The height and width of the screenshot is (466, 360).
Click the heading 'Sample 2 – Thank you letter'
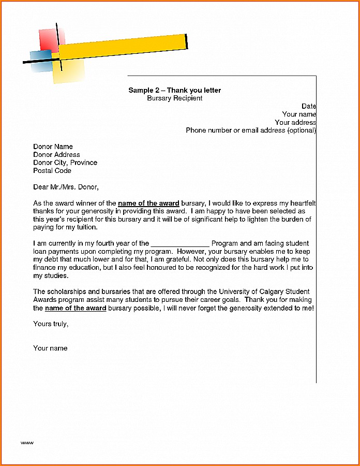pos(174,91)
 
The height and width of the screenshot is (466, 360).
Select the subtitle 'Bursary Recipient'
pos(174,98)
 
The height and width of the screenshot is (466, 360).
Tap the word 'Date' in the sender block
pos(309,106)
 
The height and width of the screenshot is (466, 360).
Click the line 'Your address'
pos(295,123)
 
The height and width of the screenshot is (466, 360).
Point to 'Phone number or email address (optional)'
pos(251,130)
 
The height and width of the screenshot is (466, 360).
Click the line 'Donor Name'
pos(53,147)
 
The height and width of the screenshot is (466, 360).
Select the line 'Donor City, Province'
pos(65,163)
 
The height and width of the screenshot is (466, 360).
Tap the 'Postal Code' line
pos(52,170)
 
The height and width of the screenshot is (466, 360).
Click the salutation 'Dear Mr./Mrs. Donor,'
pos(66,187)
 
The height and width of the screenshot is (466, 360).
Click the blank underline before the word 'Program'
pos(180,243)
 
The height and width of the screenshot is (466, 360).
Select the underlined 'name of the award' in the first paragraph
pos(148,203)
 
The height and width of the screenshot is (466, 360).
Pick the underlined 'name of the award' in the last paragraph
pos(76,308)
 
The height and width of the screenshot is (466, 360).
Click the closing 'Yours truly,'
pos(51,324)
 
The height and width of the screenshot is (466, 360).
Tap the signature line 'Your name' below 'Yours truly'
pos(50,348)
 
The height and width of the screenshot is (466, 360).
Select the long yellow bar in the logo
pos(124,46)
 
